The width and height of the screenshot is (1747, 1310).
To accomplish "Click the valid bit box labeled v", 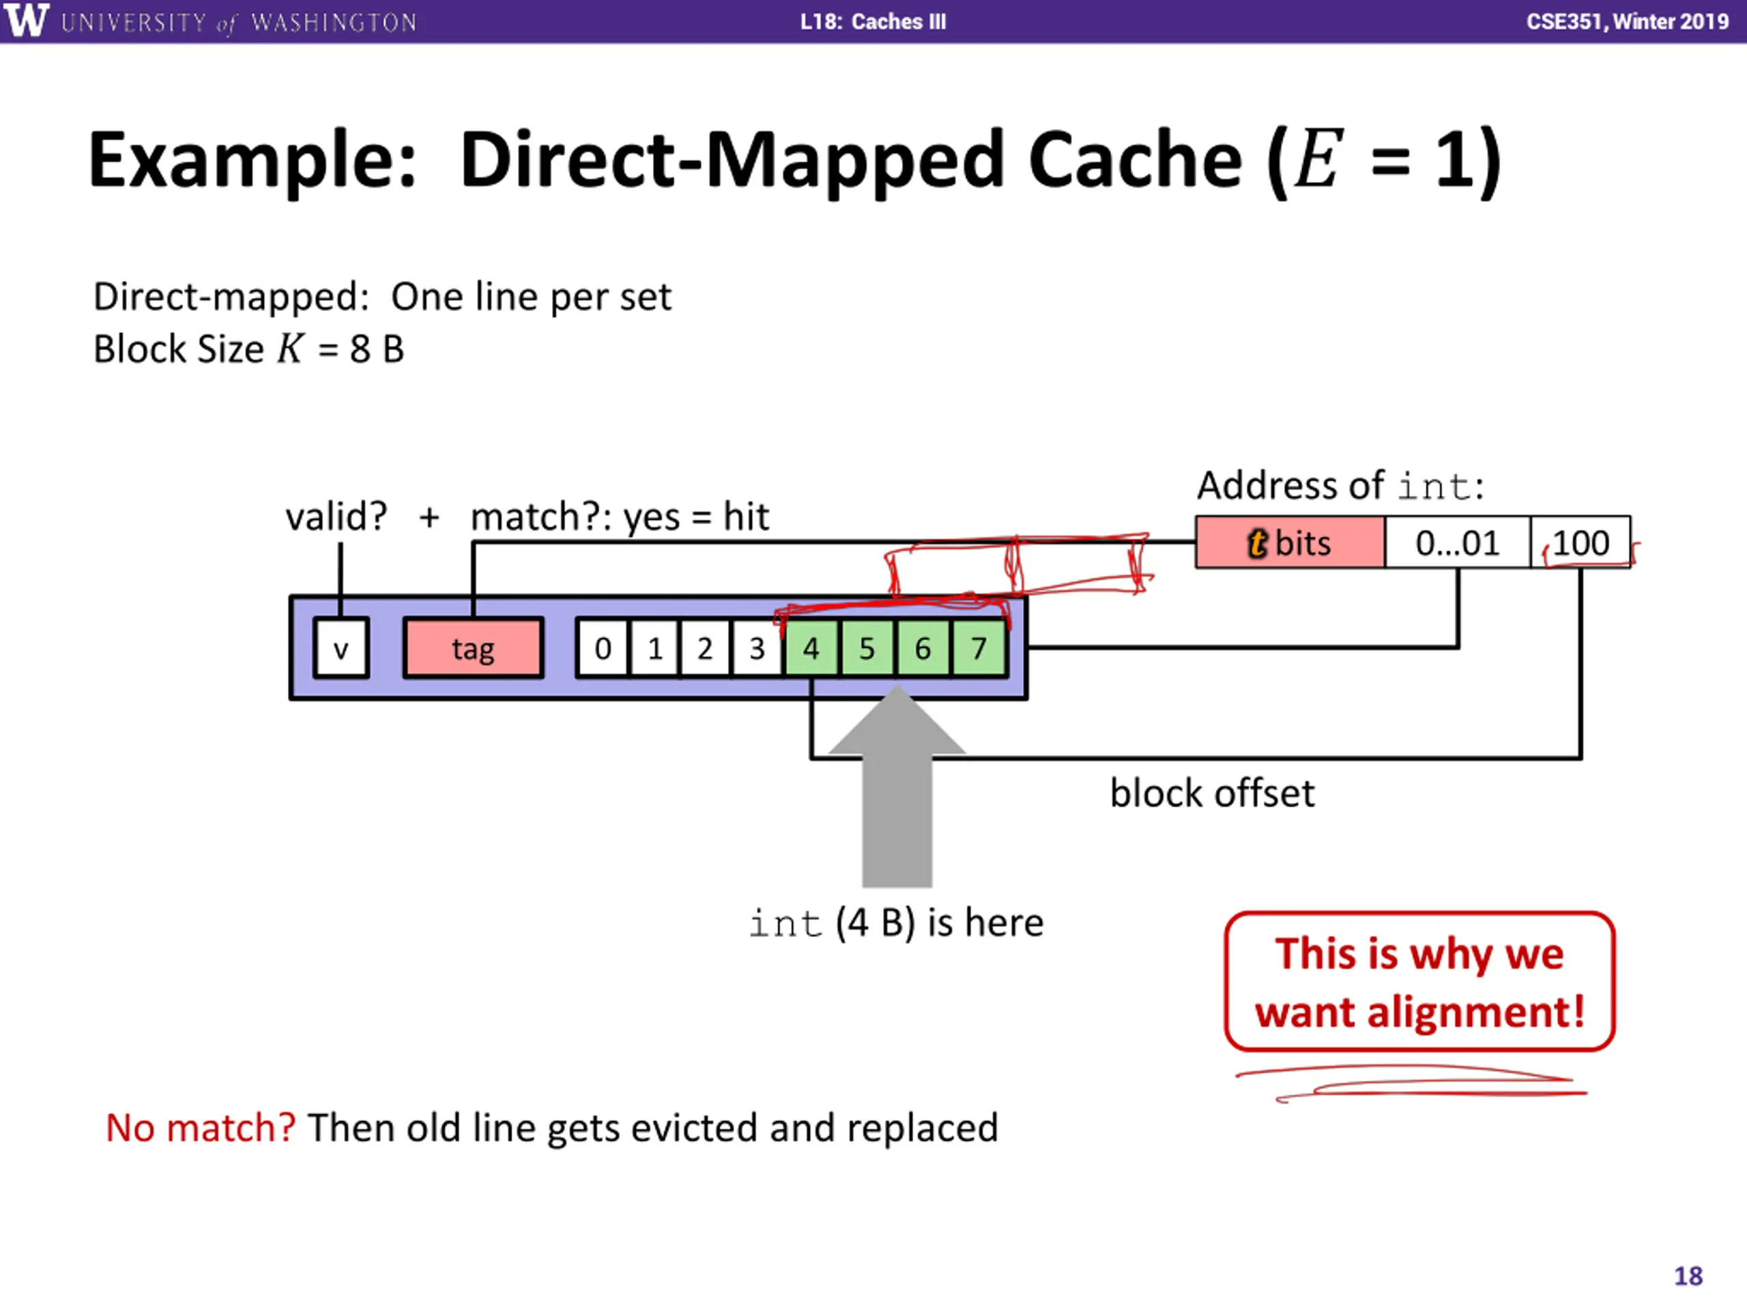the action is coord(341,648).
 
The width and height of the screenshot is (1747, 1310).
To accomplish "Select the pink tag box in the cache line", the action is coord(473,648).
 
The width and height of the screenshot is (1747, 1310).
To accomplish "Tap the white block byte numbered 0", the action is coord(603,648).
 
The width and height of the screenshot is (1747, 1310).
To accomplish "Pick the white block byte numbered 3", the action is coord(757,648).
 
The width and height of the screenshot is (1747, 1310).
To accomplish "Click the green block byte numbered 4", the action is coord(811,648).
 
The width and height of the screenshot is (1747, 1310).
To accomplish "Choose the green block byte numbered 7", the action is coord(979,648).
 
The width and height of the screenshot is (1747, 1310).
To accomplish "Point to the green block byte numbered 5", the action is coord(867,648).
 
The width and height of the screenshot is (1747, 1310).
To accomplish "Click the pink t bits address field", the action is coord(1290,542).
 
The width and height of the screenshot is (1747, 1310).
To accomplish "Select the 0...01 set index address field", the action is coord(1457,542).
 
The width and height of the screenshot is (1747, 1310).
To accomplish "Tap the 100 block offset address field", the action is coord(1580,542).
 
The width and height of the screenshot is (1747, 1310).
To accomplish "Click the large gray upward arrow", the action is coord(897,786).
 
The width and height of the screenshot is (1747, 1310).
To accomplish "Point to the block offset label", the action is coord(1212,793).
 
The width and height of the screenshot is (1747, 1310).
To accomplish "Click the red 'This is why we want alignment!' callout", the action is coord(1419,982).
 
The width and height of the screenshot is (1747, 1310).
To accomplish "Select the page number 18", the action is coord(1688,1277).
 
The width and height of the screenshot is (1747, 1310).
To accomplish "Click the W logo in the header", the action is coord(26,20).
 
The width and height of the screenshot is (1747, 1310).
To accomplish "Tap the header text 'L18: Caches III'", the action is coord(873,21).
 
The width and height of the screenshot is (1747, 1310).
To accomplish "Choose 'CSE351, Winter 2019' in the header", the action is coord(1628,21).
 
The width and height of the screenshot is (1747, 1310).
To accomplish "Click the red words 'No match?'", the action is coord(201,1128).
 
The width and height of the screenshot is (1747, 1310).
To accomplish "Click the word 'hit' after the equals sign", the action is coord(746,517).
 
